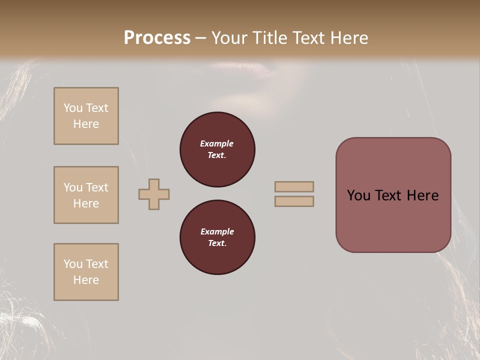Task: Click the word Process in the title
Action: pyautogui.click(x=157, y=37)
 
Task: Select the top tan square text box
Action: pyautogui.click(x=86, y=116)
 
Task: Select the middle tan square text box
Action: pyautogui.click(x=86, y=195)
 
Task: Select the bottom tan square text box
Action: pyautogui.click(x=86, y=272)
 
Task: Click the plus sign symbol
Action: pyautogui.click(x=154, y=194)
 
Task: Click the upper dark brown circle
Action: pyautogui.click(x=217, y=149)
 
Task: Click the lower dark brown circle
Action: pyautogui.click(x=217, y=237)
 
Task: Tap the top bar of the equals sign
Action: pyautogui.click(x=294, y=186)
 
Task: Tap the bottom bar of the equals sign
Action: pyautogui.click(x=294, y=201)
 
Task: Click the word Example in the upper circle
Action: pyautogui.click(x=217, y=144)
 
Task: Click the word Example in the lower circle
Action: pyautogui.click(x=217, y=232)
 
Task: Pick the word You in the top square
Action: pyautogui.click(x=72, y=108)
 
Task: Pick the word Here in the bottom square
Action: pyautogui.click(x=86, y=280)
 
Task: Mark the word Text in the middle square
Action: pyautogui.click(x=97, y=187)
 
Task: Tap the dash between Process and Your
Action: pyautogui.click(x=200, y=38)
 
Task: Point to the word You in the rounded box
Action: pyautogui.click(x=358, y=195)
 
